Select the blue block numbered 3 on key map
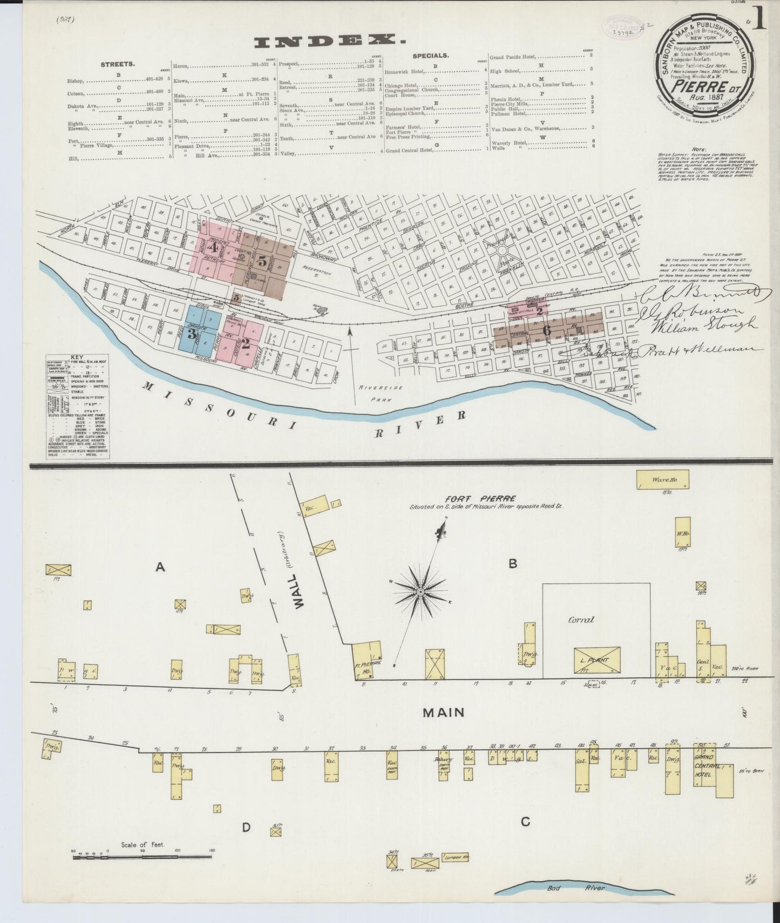point(192,334)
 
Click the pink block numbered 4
point(214,248)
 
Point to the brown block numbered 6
point(547,330)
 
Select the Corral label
point(581,620)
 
